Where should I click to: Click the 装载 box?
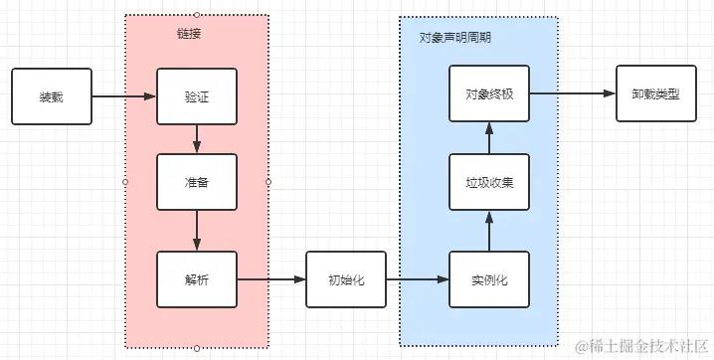pyautogui.click(x=51, y=96)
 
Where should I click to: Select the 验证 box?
pyautogui.click(x=197, y=96)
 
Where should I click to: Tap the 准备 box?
pyautogui.click(x=197, y=182)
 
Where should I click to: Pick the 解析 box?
pyautogui.click(x=197, y=279)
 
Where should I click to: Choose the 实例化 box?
pyautogui.click(x=489, y=279)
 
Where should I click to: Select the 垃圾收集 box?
pyautogui.click(x=489, y=182)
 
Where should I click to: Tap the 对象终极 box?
pyautogui.click(x=489, y=95)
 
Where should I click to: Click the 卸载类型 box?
pyautogui.click(x=655, y=95)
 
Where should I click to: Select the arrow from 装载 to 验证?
pyautogui.click(x=123, y=96)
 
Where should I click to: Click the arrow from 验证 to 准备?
pyautogui.click(x=197, y=139)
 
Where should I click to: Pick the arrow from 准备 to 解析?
pyautogui.click(x=197, y=231)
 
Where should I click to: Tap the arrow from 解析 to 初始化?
pyautogui.click(x=270, y=279)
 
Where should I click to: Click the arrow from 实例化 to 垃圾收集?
pyautogui.click(x=489, y=231)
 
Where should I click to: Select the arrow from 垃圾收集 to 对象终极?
pyautogui.click(x=489, y=138)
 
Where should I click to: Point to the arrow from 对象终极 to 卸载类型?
pyautogui.click(x=572, y=95)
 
